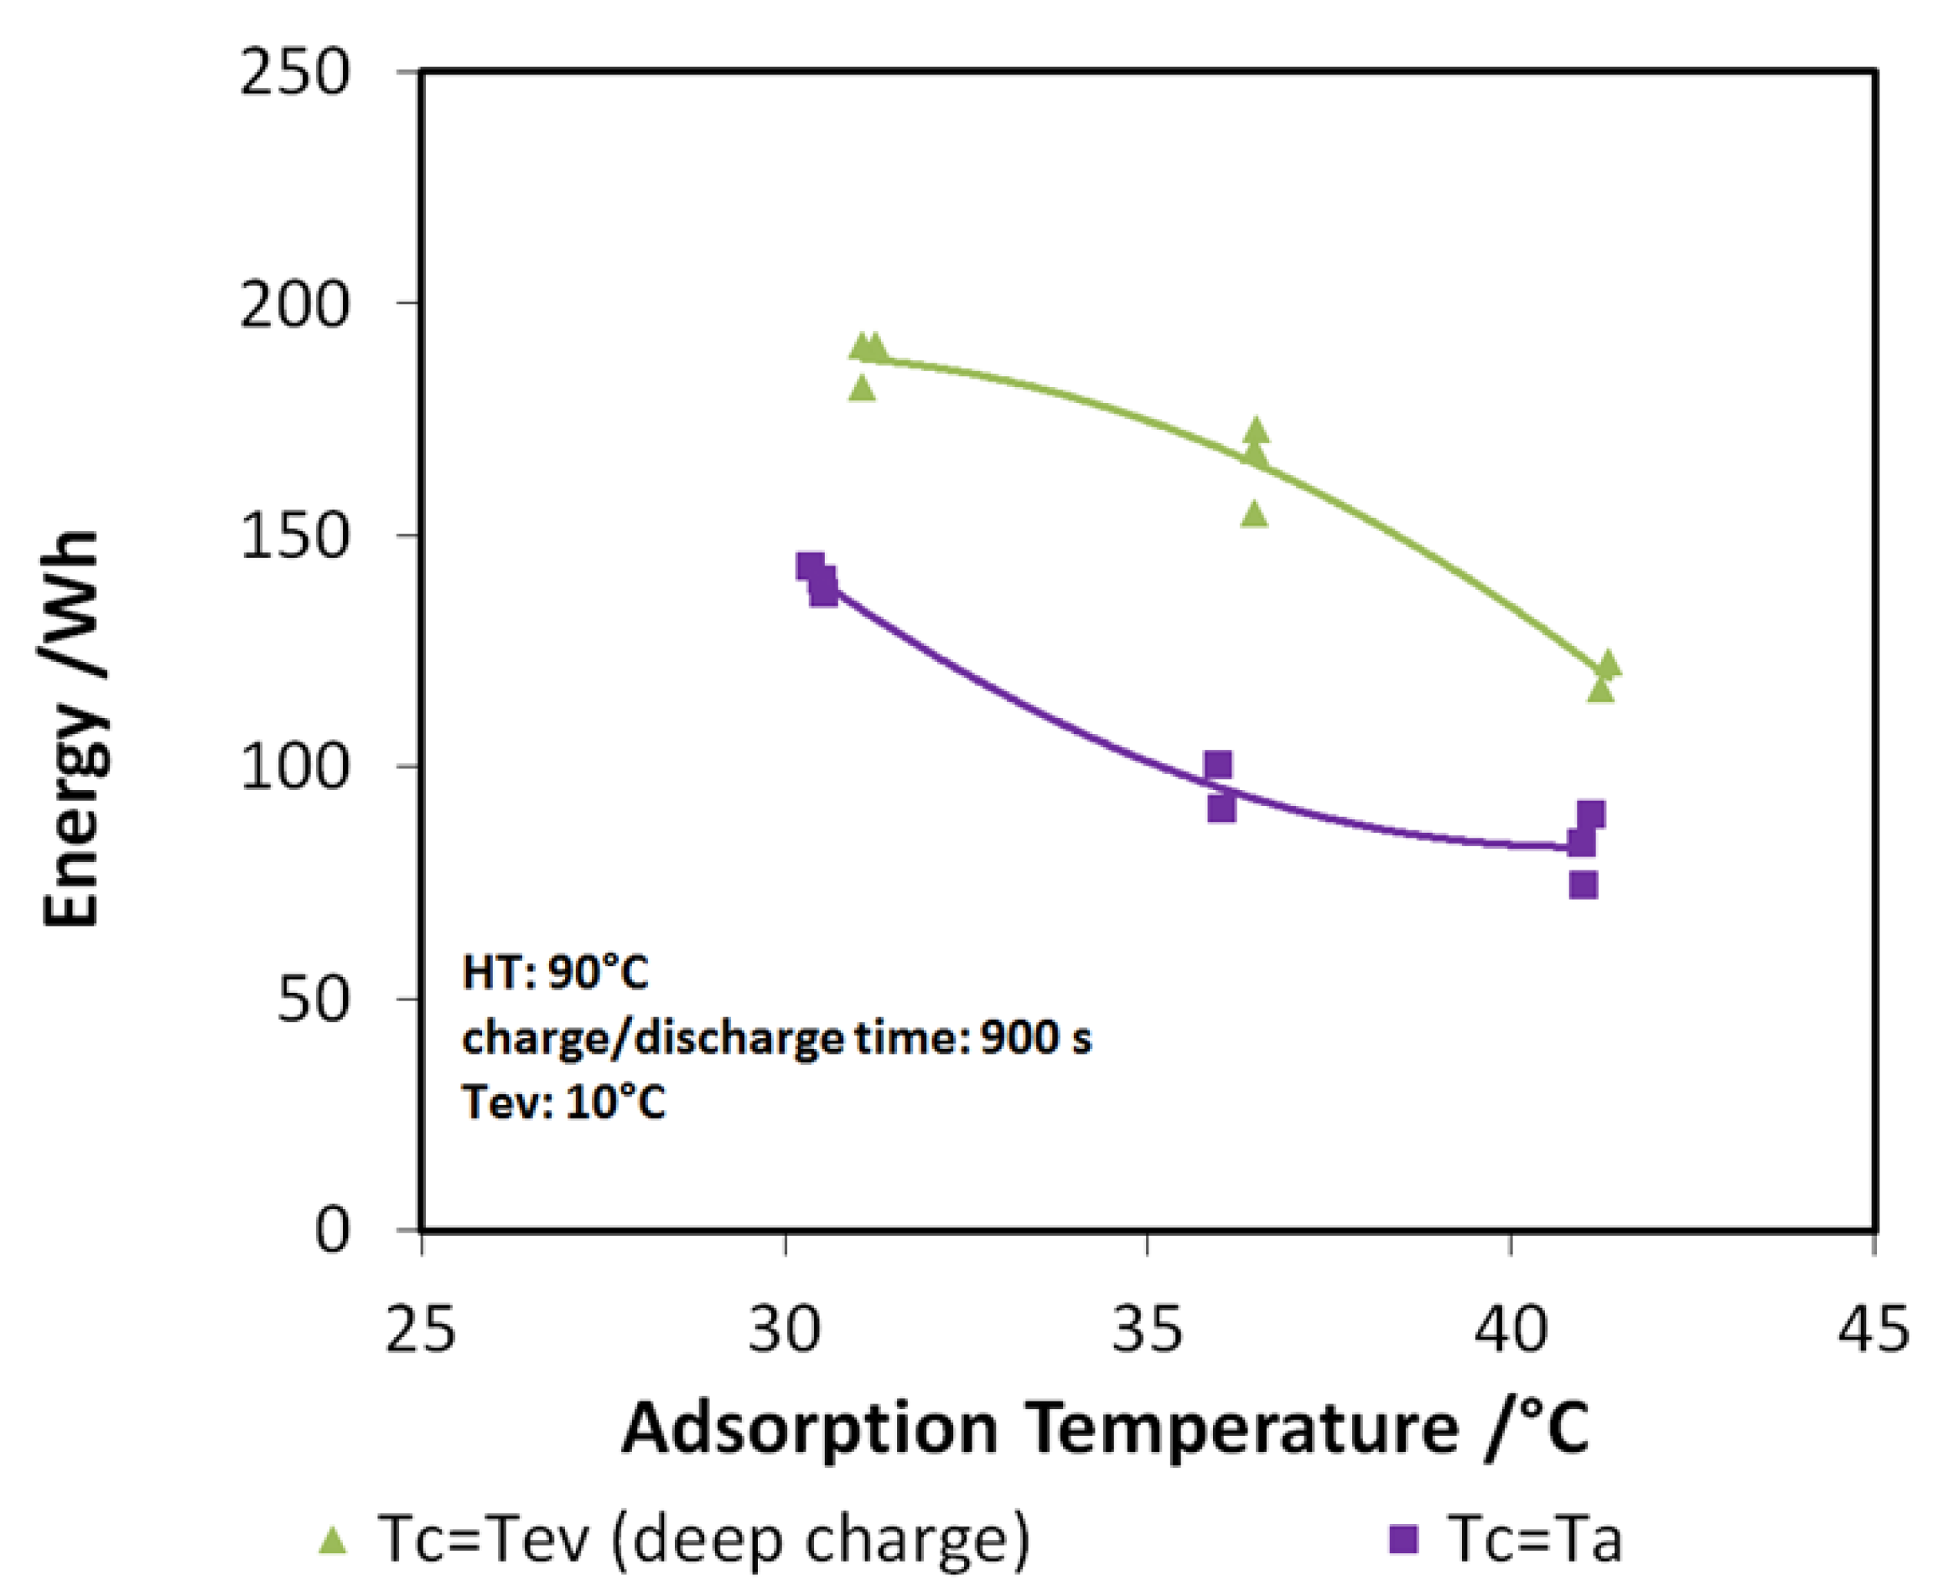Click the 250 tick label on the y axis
point(294,72)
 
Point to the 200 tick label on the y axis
point(294,305)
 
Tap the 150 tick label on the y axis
point(294,536)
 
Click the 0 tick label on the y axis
point(332,1231)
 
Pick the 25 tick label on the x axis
point(420,1330)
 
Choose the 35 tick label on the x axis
point(1147,1330)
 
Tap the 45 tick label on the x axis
point(1873,1330)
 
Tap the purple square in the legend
point(1403,1540)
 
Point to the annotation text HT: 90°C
point(556,973)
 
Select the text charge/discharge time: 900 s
point(776,1038)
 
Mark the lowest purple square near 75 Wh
point(1584,885)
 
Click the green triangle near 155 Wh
point(1255,515)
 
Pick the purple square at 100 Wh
point(1217,764)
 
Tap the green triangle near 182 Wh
point(862,389)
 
